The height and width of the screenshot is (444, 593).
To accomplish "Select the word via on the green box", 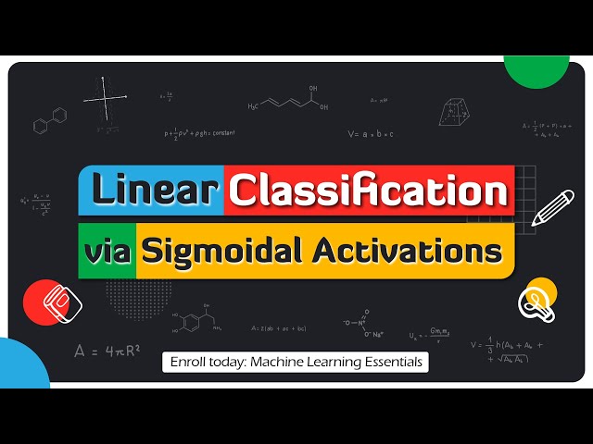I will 107,251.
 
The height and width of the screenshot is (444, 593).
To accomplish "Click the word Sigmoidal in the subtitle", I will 223,251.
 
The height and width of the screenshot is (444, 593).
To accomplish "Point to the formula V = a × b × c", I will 371,134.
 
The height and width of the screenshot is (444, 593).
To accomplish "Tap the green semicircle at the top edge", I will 536,67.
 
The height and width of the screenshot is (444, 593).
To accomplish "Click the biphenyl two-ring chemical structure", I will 50,121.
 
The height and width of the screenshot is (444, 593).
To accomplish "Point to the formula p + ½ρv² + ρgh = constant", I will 200,133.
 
